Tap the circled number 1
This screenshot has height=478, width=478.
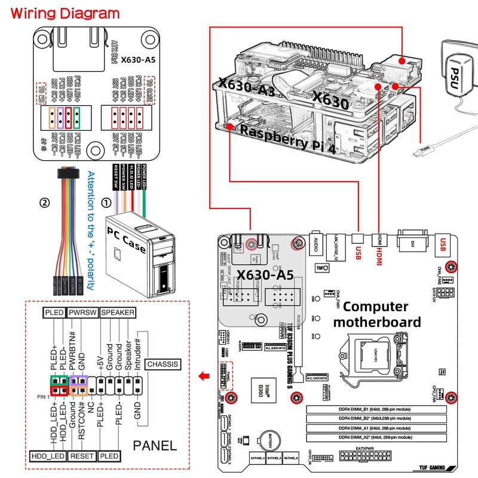[106, 203]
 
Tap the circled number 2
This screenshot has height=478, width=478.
[44, 203]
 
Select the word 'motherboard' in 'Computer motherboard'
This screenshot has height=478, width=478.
[377, 322]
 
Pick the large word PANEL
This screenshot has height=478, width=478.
[155, 445]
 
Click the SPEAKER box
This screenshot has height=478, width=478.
[117, 312]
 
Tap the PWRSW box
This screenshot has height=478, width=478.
[82, 312]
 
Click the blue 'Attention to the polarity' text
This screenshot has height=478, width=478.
[91, 231]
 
